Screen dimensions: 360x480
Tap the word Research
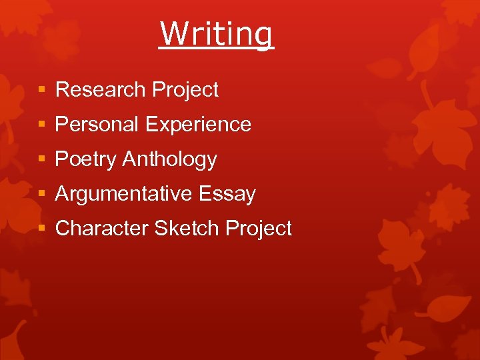pyautogui.click(x=101, y=89)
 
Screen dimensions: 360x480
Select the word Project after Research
pyautogui.click(x=185, y=90)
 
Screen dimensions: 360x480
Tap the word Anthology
pyautogui.click(x=170, y=159)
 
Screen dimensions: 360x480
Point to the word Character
pyautogui.click(x=102, y=228)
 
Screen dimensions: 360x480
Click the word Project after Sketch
pyautogui.click(x=259, y=229)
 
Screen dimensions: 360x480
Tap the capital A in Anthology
pyautogui.click(x=130, y=159)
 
